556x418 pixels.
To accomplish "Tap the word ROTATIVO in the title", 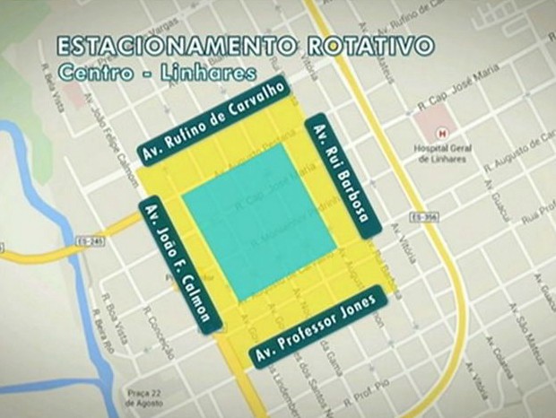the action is pyautogui.click(x=368, y=47).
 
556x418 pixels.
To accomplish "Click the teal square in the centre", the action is pyautogui.click(x=259, y=221).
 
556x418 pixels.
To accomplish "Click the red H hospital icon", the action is pyautogui.click(x=440, y=134).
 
